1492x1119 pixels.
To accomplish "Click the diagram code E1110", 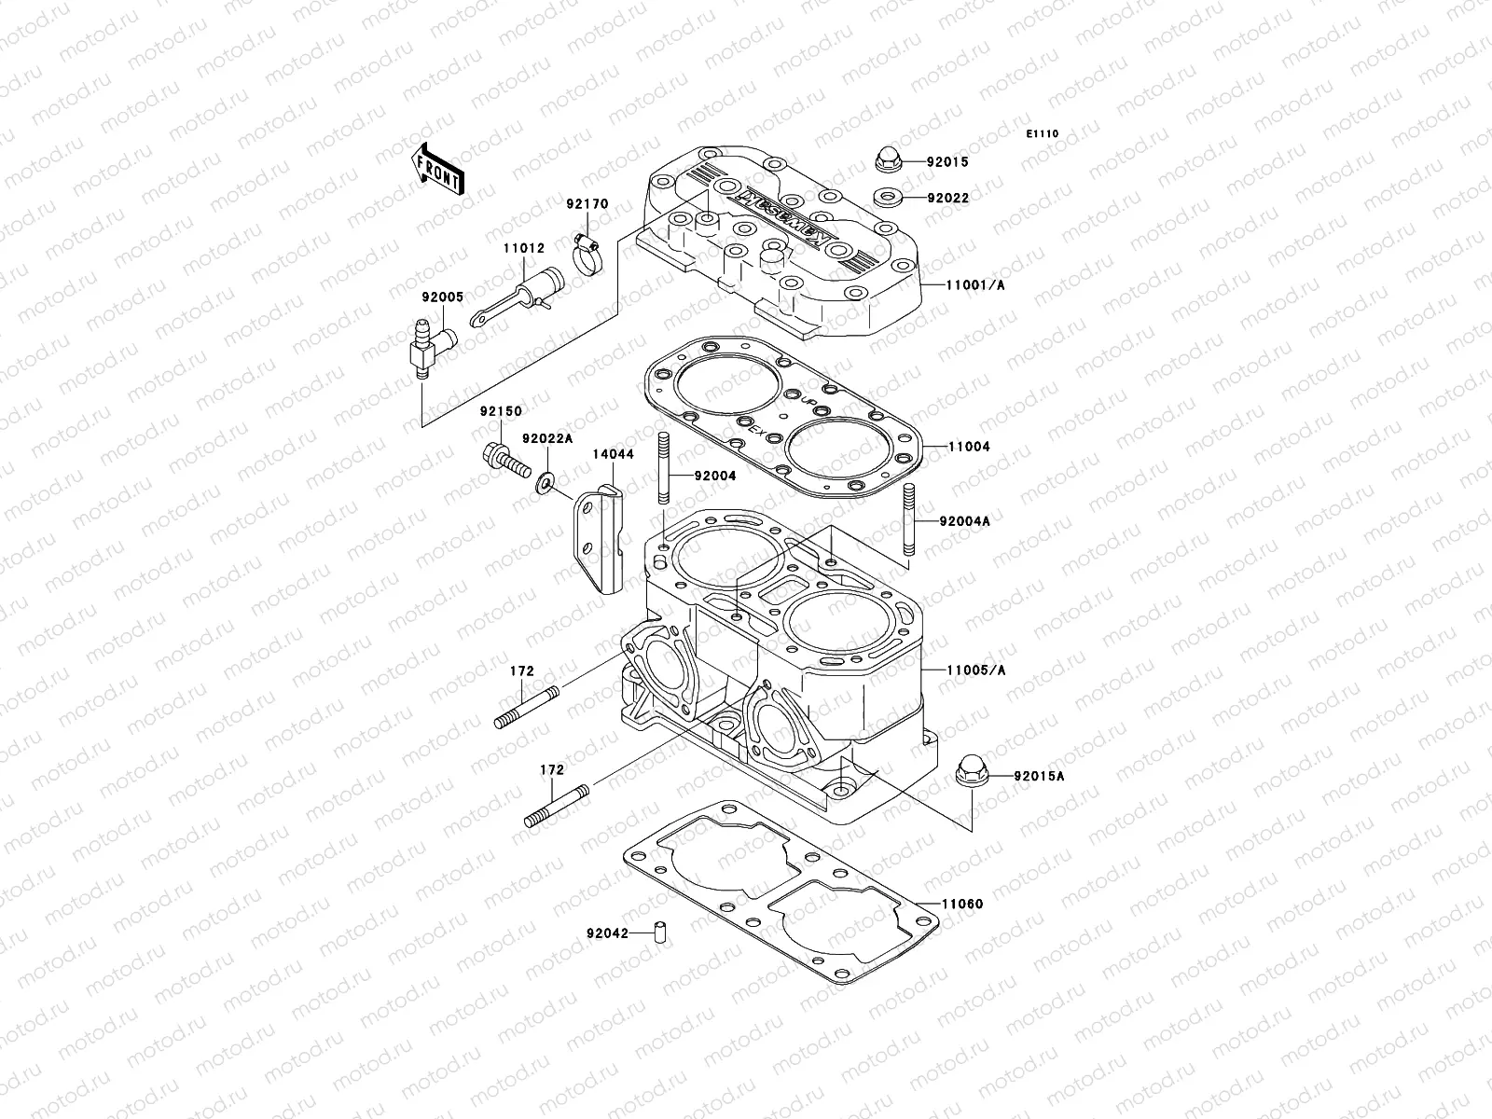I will tap(1043, 134).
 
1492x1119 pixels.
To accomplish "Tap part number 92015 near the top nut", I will tap(974, 161).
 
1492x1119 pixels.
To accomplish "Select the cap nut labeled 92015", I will tap(889, 159).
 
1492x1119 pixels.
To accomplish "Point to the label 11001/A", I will tap(977, 285).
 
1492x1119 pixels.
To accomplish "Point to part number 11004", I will tap(970, 447).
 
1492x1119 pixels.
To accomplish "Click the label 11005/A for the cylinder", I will tap(975, 670).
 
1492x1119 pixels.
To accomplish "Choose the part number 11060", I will tap(961, 904).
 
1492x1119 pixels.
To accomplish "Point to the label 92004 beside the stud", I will tap(714, 476).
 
